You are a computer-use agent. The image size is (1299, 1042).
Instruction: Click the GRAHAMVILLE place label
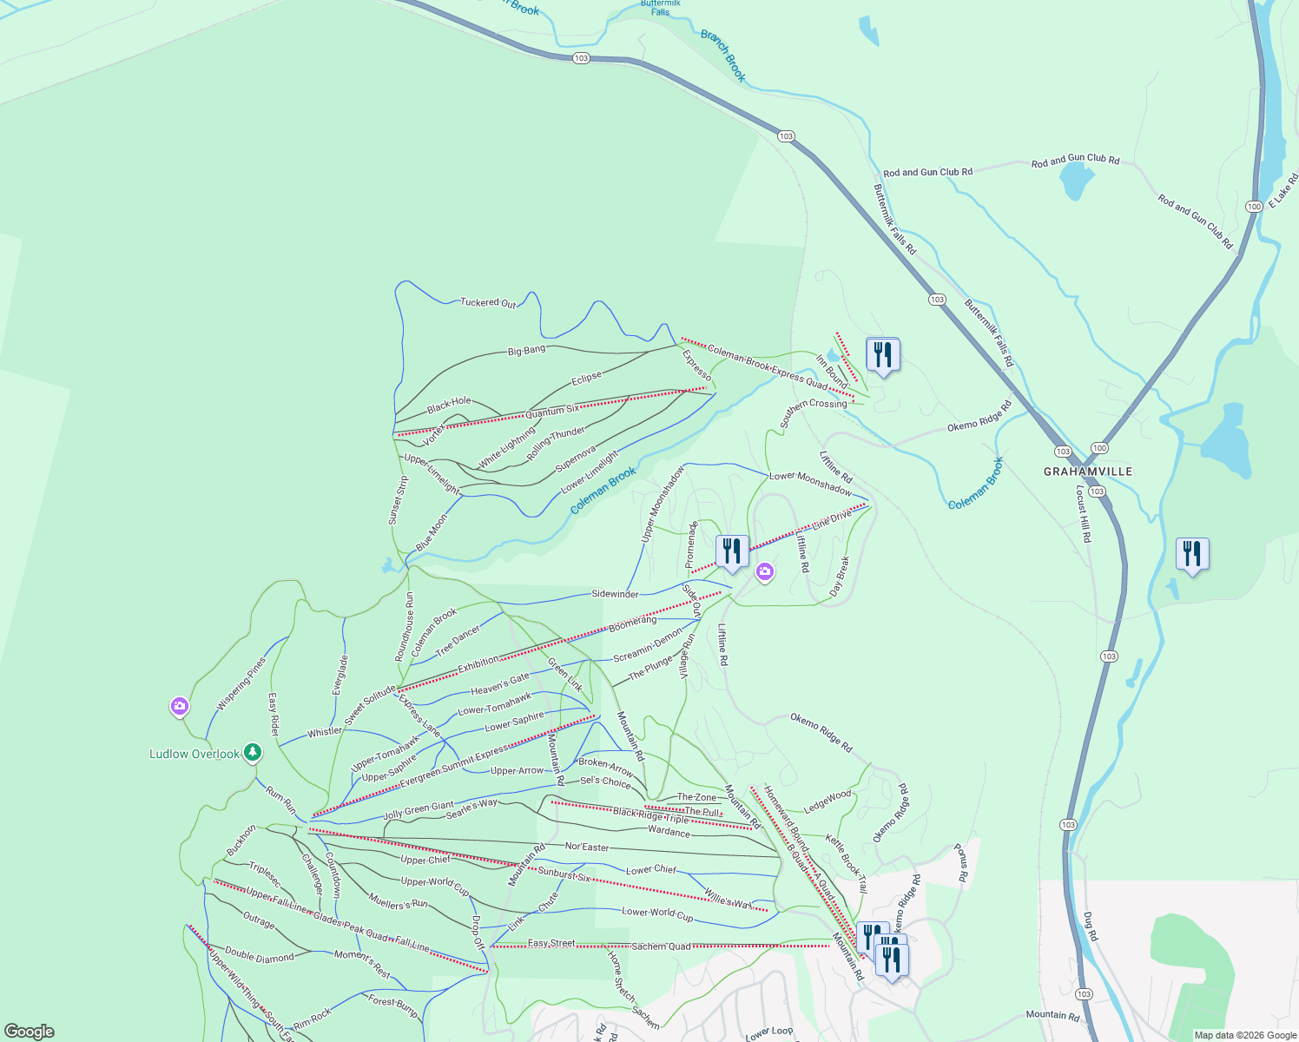point(1087,472)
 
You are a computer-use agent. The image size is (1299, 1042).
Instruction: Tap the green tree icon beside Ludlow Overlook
point(253,752)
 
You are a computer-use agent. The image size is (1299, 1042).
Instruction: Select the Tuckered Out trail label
point(488,302)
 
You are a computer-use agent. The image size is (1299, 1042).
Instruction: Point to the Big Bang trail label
point(527,351)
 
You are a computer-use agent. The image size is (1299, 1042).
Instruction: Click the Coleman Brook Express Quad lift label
point(767,366)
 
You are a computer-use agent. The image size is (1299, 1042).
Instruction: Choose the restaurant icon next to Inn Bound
point(882,355)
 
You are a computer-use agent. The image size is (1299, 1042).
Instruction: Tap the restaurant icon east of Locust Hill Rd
point(1192,554)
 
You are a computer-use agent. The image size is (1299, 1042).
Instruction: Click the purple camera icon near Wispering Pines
point(180,707)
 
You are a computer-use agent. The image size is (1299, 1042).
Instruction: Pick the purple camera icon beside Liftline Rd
point(765,571)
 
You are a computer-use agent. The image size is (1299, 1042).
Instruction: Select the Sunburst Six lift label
point(564,874)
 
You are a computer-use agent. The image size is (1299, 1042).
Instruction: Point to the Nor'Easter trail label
point(587,847)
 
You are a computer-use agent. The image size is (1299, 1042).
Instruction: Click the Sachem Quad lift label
point(661,946)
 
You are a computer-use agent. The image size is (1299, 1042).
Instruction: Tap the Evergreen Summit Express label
point(454,767)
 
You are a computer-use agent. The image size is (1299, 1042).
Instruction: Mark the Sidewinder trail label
point(615,594)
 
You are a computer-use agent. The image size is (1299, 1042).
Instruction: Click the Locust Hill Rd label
point(1083,514)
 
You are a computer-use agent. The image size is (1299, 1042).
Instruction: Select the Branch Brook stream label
point(723,56)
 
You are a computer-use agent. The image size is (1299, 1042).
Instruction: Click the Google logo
point(29,1031)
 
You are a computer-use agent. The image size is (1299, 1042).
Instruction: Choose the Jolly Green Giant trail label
point(419,811)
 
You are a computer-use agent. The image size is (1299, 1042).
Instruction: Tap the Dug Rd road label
point(1091,927)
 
